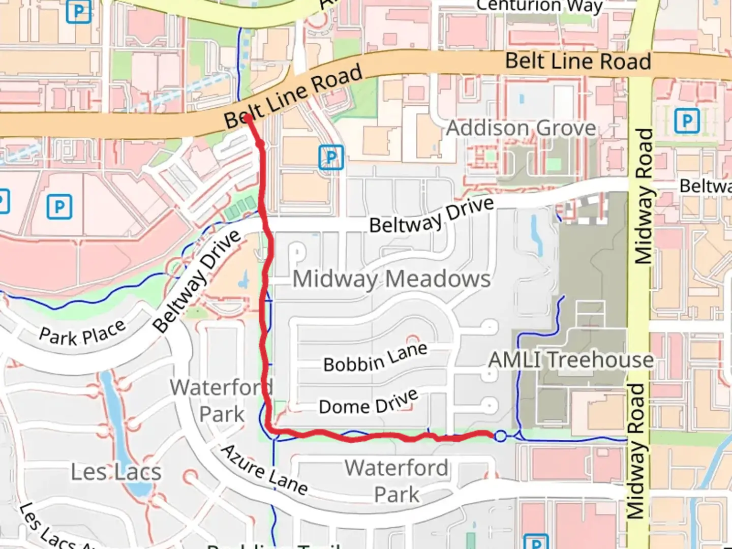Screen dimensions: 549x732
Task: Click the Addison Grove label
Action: pos(521,128)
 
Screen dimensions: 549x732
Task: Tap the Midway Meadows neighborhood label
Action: pos(391,279)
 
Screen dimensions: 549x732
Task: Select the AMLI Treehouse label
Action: pos(571,360)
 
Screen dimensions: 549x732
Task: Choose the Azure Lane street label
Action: pos(264,470)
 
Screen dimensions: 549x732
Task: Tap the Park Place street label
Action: pos(82,333)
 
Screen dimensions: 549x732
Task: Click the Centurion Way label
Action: pos(539,6)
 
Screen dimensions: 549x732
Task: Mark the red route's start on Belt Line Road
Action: pos(247,118)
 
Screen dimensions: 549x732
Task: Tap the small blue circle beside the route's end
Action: pos(501,436)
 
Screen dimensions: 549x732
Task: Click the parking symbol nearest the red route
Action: pos(331,158)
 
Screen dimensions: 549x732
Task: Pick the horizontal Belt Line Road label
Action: pos(578,62)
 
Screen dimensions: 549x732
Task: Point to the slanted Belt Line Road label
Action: pos(293,97)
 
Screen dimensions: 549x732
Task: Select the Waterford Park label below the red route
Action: pos(396,481)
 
